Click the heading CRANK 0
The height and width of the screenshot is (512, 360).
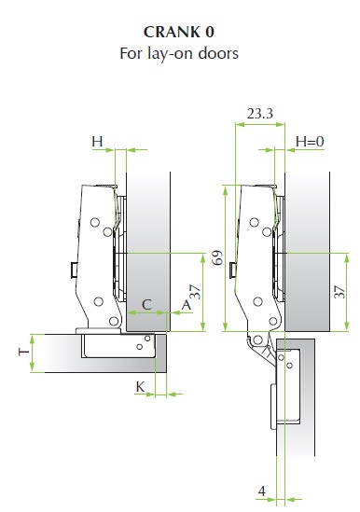[x=179, y=32]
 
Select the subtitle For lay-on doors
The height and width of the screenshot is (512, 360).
[x=179, y=53]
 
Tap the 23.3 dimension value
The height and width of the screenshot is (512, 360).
[x=259, y=114]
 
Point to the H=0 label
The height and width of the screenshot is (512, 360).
[x=310, y=142]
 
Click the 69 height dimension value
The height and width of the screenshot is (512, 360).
[x=217, y=257]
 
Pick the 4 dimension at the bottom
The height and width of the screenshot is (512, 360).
[x=262, y=491]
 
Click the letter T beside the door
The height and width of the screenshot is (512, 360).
[x=24, y=352]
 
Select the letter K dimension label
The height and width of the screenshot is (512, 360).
[x=140, y=387]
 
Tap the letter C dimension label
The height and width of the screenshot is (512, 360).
[x=146, y=305]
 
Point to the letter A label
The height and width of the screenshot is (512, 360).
[x=186, y=305]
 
